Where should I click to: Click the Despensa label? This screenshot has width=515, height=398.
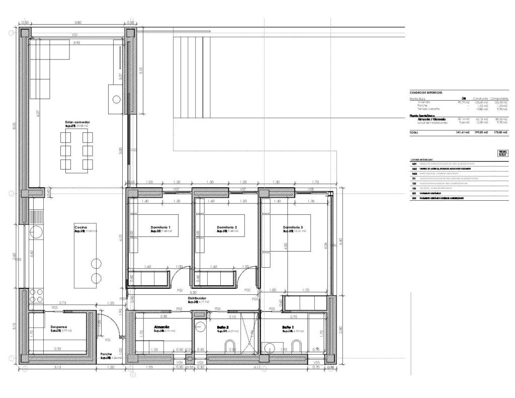click(x=58, y=327)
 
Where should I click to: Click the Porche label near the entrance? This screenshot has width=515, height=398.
click(x=106, y=354)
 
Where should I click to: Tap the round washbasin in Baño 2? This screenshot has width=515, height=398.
click(x=200, y=326)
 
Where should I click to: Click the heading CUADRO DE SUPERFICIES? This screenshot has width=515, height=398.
click(x=426, y=93)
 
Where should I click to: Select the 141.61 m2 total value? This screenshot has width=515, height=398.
click(x=462, y=132)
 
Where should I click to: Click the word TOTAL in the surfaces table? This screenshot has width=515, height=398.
click(x=414, y=132)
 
